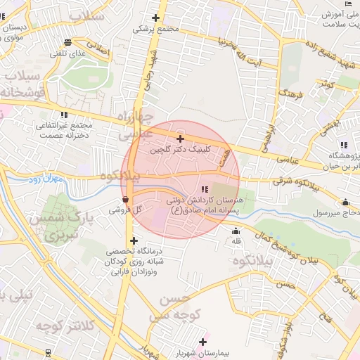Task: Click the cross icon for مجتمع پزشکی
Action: pos(155,18)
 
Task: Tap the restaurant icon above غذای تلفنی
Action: pos(67,41)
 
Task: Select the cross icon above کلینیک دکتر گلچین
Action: pos(181,139)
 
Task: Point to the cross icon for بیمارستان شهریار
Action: pos(203,342)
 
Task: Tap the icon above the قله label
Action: pos(235,231)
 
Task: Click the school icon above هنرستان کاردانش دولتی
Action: pos(205,189)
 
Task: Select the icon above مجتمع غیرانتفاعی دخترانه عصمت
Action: pos(64,115)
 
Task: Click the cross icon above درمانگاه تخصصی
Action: pos(134,240)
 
